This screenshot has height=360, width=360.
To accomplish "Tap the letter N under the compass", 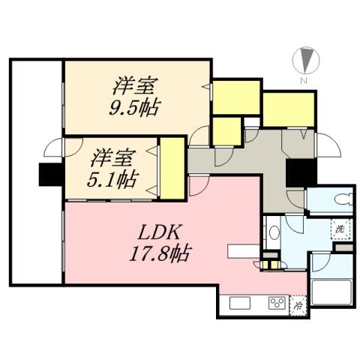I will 304,80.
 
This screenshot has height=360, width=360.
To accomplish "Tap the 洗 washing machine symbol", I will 340,227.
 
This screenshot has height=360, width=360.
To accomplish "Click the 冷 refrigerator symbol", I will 298,305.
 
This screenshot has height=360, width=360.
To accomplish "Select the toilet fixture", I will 339,199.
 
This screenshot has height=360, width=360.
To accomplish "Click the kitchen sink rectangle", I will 240,304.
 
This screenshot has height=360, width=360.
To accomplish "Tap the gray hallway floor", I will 247,161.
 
